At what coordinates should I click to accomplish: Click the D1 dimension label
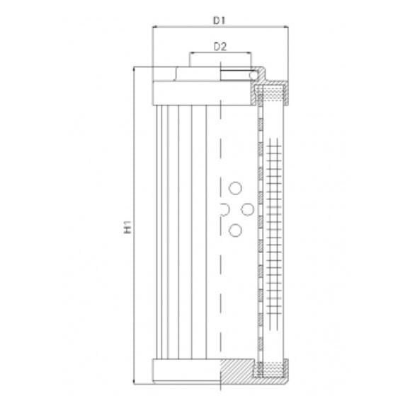pos(220,21)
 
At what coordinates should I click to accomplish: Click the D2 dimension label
pos(220,47)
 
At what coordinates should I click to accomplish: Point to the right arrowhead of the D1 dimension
pos(286,28)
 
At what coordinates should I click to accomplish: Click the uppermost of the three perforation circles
pos(236,188)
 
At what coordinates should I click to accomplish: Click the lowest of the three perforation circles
pos(236,229)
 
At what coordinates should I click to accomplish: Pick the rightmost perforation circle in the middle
pos(248,209)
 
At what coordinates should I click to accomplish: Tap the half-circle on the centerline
pos(224,209)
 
